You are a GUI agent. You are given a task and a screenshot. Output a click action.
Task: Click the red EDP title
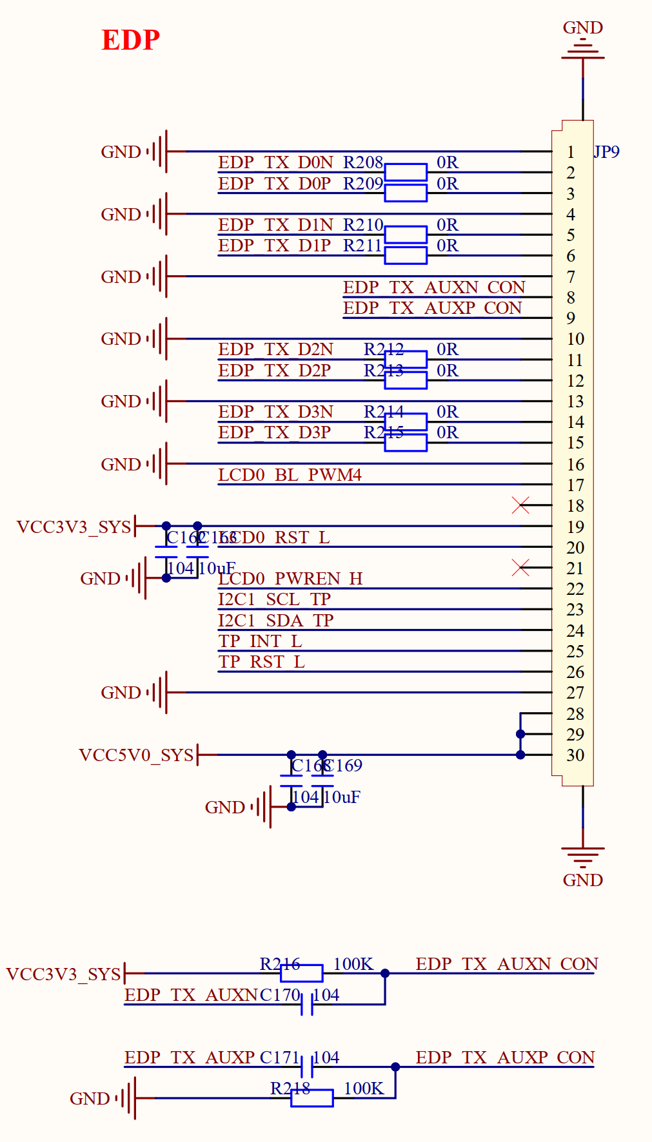coord(130,40)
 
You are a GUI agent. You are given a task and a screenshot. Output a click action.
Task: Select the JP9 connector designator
coord(606,152)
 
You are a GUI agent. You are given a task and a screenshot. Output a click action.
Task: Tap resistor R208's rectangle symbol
coord(406,172)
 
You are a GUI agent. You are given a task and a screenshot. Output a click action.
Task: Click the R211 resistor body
coord(406,255)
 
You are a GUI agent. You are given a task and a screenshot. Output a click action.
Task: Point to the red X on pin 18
coord(520,505)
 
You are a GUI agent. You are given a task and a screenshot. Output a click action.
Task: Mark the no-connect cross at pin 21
coord(520,568)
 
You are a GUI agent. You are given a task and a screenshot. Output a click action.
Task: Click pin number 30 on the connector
coord(575,755)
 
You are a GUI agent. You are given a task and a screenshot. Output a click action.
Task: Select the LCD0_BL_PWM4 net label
coord(290,475)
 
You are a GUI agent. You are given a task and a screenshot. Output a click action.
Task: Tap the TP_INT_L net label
coord(260,641)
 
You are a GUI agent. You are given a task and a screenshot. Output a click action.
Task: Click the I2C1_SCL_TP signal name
coord(274,599)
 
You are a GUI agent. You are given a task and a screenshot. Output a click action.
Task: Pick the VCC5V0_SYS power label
coord(136,755)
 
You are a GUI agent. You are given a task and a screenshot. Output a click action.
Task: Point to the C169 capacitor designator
coord(344,766)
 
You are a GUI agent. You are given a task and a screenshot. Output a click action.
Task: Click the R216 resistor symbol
coord(302,973)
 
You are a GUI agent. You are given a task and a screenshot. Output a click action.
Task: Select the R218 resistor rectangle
coord(312,1098)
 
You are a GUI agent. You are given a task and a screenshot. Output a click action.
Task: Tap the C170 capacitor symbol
coord(307,1004)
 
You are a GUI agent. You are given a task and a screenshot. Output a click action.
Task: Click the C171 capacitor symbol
coord(307,1067)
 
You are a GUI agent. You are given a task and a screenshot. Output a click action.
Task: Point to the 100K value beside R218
coord(364,1089)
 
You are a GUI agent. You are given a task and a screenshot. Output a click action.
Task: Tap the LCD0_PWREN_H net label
coord(290,579)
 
